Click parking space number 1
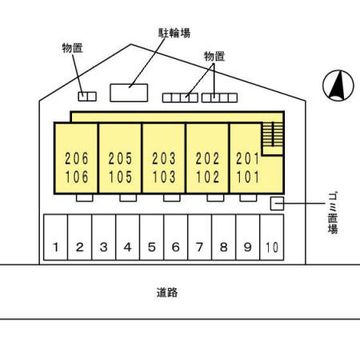[55, 237]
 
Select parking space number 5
[151, 237]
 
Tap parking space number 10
[272, 237]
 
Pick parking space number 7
[199, 237]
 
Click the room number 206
[77, 158]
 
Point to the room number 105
[120, 177]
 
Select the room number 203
[164, 158]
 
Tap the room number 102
[207, 177]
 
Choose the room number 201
[248, 158]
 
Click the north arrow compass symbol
[338, 86]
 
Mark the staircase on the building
[273, 134]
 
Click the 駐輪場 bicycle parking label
[174, 33]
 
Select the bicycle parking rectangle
[129, 93]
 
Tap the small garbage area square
[277, 204]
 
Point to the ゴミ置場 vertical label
[333, 213]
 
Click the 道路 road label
[167, 293]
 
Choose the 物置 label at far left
[72, 48]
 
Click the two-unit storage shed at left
[87, 97]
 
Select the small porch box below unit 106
[85, 198]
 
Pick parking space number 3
[103, 237]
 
